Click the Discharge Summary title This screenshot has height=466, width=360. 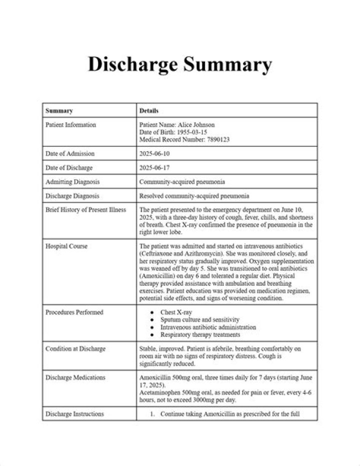click(x=180, y=64)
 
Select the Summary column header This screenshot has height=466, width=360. click(x=59, y=111)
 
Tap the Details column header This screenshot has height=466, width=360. click(x=149, y=111)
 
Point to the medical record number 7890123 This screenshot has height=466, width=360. click(x=214, y=140)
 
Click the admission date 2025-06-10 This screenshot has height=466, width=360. click(x=154, y=154)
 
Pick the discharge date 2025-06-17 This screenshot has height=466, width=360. click(x=154, y=168)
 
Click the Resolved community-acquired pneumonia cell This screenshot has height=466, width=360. click(x=194, y=196)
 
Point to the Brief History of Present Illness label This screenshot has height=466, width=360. click(x=85, y=210)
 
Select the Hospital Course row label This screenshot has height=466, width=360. click(x=66, y=247)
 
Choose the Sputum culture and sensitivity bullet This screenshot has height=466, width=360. click(x=200, y=319)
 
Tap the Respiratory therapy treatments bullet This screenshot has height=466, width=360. click(x=200, y=334)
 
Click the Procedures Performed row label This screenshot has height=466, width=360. click(x=74, y=312)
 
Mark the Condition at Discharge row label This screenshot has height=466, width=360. click(x=75, y=349)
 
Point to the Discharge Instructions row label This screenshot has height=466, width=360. click(x=74, y=414)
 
